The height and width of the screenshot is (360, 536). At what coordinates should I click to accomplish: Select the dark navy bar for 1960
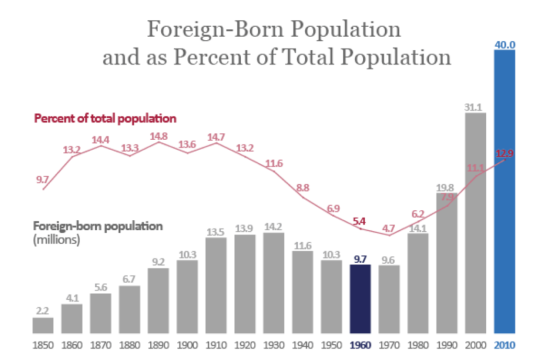pos(360,299)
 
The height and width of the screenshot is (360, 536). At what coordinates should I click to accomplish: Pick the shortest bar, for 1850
pos(43,325)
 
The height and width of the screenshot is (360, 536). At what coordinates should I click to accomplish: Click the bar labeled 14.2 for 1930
pos(274,283)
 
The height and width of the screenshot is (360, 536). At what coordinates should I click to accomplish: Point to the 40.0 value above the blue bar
pos(505,44)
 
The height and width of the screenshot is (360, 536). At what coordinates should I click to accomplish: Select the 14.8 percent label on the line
pos(159,136)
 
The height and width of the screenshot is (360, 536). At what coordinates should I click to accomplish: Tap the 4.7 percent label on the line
pos(388,228)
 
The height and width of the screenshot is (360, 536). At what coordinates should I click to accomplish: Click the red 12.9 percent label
pos(505,153)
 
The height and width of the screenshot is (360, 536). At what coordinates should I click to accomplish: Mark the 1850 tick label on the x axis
pos(43,345)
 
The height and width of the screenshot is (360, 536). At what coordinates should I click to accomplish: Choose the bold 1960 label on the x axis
pos(360,345)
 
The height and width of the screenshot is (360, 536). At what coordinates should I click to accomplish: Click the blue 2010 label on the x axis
pos(505,345)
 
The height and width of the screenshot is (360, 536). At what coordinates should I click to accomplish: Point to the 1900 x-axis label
pos(187,345)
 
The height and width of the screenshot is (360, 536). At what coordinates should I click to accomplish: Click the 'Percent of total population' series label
pos(105,118)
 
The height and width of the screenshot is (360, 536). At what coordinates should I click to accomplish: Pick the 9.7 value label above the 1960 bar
pos(360,258)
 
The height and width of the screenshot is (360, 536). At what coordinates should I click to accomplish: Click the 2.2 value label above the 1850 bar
pos(43,311)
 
